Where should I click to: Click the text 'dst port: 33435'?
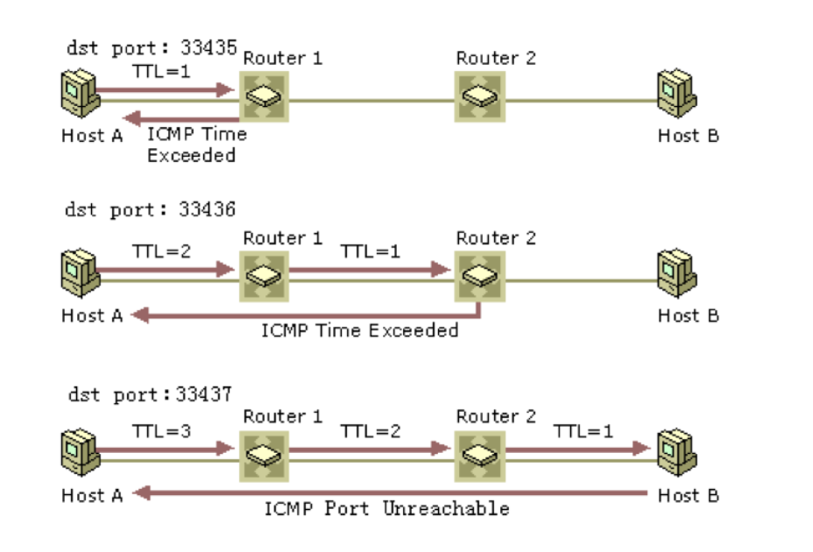[152, 48]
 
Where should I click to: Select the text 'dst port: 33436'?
[150, 210]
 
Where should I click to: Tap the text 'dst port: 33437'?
[150, 394]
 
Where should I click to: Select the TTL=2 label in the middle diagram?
[161, 251]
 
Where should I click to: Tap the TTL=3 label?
[161, 431]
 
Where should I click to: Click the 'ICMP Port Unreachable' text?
[387, 508]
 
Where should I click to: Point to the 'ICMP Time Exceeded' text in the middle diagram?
[360, 330]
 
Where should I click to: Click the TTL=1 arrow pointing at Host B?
[577, 449]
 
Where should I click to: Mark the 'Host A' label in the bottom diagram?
[92, 496]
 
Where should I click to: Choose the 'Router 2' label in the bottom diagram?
[496, 417]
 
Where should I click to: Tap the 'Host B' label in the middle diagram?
[689, 315]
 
